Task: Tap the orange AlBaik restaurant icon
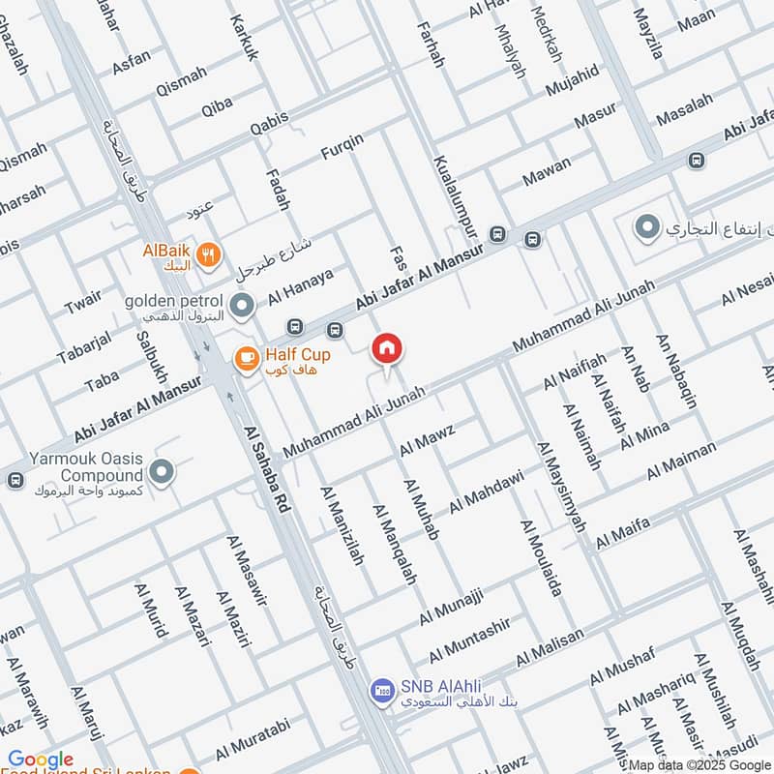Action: click(207, 255)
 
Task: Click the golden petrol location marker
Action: click(243, 307)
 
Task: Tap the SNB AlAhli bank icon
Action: click(382, 691)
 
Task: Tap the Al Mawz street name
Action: click(427, 438)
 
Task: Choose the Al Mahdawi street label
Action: click(486, 491)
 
